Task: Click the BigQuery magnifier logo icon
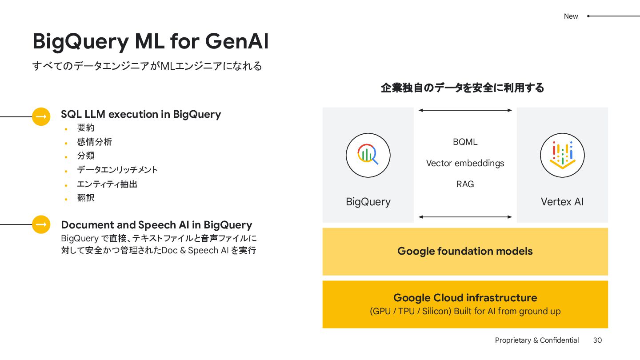[x=368, y=155]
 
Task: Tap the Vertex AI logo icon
[x=562, y=155]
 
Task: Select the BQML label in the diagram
[x=465, y=142]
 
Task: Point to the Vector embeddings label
[x=465, y=163]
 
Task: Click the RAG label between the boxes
[x=465, y=184]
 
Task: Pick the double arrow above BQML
[x=465, y=110]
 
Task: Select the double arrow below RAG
[x=465, y=217]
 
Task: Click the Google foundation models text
[x=465, y=251]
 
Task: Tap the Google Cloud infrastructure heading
[x=465, y=298]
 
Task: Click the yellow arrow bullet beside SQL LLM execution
[x=41, y=117]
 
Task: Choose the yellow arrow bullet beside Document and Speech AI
[x=41, y=224]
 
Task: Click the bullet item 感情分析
[x=94, y=142]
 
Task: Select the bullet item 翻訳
[x=86, y=198]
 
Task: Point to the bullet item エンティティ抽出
[x=107, y=184]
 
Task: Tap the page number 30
[x=597, y=340]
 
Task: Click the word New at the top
[x=571, y=16]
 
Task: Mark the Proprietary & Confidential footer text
[x=537, y=340]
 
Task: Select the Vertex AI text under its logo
[x=562, y=202]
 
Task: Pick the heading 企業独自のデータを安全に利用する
[x=462, y=88]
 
